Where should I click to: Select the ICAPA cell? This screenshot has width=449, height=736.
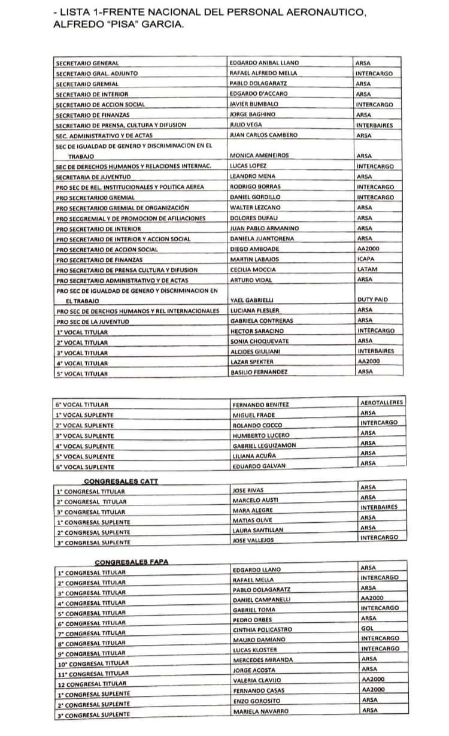pyautogui.click(x=366, y=259)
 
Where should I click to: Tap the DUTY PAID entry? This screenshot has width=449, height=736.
pyautogui.click(x=374, y=299)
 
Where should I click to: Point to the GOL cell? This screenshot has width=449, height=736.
pyautogui.click(x=368, y=628)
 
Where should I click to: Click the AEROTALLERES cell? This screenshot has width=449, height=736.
pyautogui.click(x=382, y=402)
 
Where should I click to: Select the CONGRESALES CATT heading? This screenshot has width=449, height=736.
pyautogui.click(x=122, y=481)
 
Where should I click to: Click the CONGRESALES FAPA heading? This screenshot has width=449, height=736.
pyautogui.click(x=131, y=562)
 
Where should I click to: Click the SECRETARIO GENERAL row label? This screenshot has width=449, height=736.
pyautogui.click(x=87, y=63)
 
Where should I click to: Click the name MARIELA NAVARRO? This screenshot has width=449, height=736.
pyautogui.click(x=260, y=711)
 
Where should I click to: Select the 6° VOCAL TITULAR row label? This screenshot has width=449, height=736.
pyautogui.click(x=82, y=405)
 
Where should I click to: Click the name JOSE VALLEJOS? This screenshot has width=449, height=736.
pyautogui.click(x=253, y=540)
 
